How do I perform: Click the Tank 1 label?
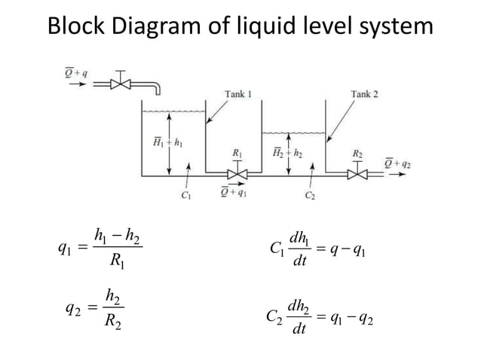[x=238, y=93]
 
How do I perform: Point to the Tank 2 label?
[x=364, y=93]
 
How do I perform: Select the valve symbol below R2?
[x=357, y=174]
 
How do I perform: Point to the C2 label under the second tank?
[x=309, y=198]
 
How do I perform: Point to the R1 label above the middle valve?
[x=237, y=154]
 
